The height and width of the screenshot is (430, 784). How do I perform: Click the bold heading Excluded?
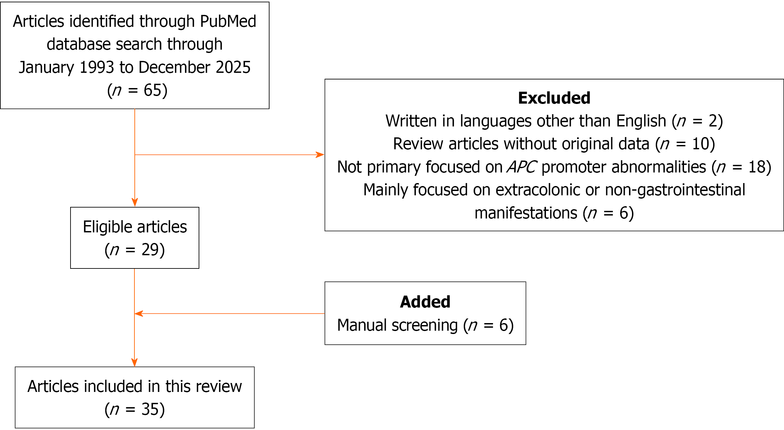(x=554, y=98)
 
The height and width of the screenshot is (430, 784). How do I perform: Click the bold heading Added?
(x=425, y=302)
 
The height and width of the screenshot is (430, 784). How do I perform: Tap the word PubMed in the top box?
(x=228, y=22)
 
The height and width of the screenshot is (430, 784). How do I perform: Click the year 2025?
(x=233, y=67)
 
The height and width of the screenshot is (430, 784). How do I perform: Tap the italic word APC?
(x=522, y=167)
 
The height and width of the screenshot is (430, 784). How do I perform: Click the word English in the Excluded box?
(x=641, y=121)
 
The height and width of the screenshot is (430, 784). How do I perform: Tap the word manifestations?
(x=526, y=213)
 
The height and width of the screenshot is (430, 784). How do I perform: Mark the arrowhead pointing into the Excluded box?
(x=320, y=155)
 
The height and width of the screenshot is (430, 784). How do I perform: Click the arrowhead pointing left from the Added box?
(x=139, y=313)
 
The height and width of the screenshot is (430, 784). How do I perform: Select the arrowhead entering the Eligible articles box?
(x=135, y=202)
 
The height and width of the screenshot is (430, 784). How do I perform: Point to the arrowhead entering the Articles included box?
(x=134, y=362)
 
